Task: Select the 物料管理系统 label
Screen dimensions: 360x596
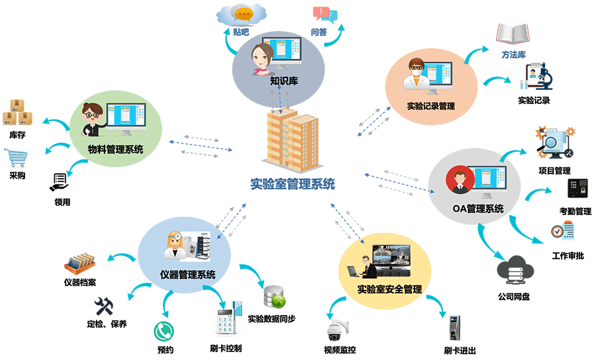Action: [x=115, y=149]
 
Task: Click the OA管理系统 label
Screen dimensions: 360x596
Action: [x=477, y=208]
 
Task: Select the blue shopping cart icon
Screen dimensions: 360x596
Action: [x=18, y=158]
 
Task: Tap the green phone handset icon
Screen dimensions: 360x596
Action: [x=163, y=330]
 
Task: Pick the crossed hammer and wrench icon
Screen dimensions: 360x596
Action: [x=104, y=306]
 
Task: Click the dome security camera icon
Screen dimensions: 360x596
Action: [x=334, y=330]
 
